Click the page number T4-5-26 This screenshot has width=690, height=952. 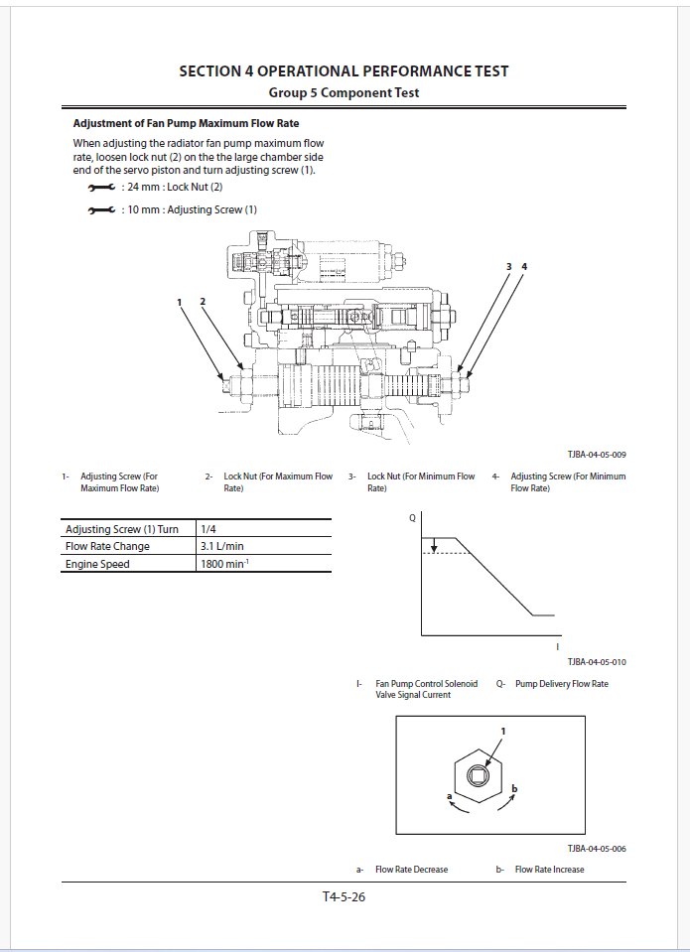pyautogui.click(x=344, y=897)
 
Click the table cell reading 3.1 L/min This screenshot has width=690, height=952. pyautogui.click(x=222, y=546)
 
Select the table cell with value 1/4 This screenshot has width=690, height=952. pyautogui.click(x=207, y=529)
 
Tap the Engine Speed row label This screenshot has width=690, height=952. pyautogui.click(x=97, y=564)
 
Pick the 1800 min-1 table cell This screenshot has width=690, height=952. pyautogui.click(x=226, y=564)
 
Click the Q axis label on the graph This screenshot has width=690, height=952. pyautogui.click(x=413, y=518)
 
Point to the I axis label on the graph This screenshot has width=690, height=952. pyautogui.click(x=558, y=646)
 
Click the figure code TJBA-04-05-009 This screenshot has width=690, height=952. pyautogui.click(x=596, y=455)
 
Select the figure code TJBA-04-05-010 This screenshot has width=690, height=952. pyautogui.click(x=596, y=661)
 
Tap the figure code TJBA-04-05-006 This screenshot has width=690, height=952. pyautogui.click(x=596, y=849)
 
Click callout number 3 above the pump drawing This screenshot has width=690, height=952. pyautogui.click(x=508, y=267)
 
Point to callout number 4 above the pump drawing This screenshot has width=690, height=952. pyautogui.click(x=524, y=267)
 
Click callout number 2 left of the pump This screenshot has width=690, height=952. pyautogui.click(x=203, y=301)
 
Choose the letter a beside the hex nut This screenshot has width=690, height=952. pyautogui.click(x=450, y=796)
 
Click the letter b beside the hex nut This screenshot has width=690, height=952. pyautogui.click(x=514, y=788)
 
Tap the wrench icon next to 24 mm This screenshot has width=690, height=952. pyautogui.click(x=101, y=187)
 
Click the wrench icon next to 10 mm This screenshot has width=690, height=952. pyautogui.click(x=101, y=209)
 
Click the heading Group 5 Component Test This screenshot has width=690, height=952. pyautogui.click(x=344, y=92)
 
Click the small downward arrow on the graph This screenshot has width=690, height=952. pyautogui.click(x=435, y=545)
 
